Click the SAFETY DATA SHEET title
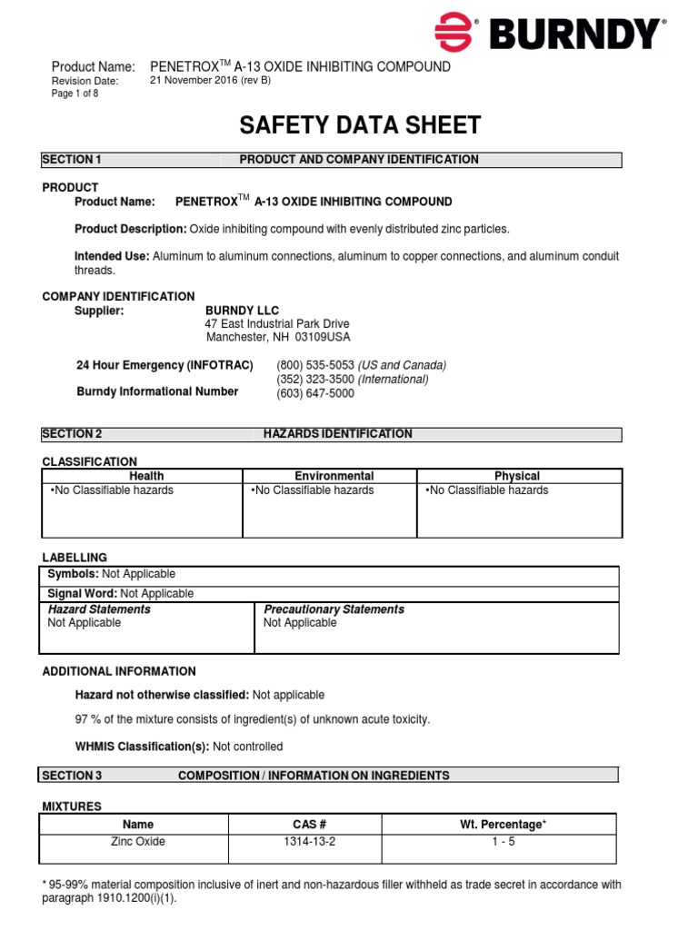pyautogui.click(x=359, y=125)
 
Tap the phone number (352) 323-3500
pyautogui.click(x=315, y=379)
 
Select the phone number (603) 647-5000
pyautogui.click(x=315, y=393)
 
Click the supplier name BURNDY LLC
pyautogui.click(x=243, y=311)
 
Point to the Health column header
pyautogui.click(x=146, y=476)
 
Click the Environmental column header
pyautogui.click(x=334, y=476)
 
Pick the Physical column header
pyautogui.click(x=517, y=476)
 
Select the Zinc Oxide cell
pyautogui.click(x=138, y=842)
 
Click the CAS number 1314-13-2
pyautogui.click(x=310, y=842)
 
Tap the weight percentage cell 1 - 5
pyautogui.click(x=498, y=842)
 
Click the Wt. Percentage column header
pyautogui.click(x=503, y=825)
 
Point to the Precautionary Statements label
pyautogui.click(x=334, y=609)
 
